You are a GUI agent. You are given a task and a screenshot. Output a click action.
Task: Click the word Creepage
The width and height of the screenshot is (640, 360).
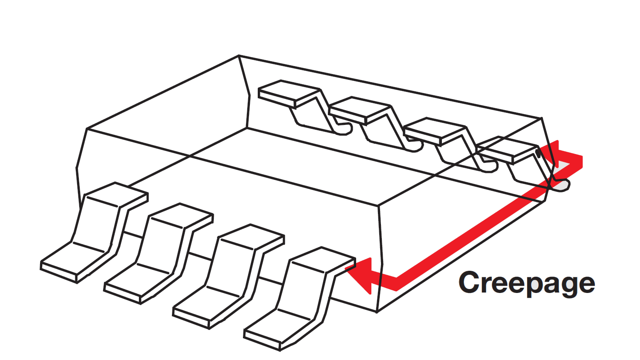click(526, 283)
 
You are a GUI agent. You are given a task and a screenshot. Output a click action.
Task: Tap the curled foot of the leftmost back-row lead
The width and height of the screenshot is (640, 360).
click(344, 129)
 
